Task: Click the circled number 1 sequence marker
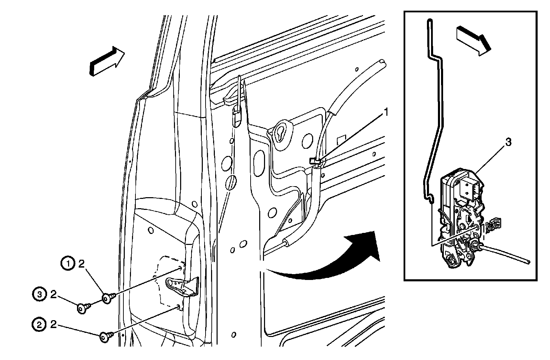click(68, 264)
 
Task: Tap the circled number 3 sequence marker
click(40, 294)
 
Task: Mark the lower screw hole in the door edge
click(178, 306)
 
